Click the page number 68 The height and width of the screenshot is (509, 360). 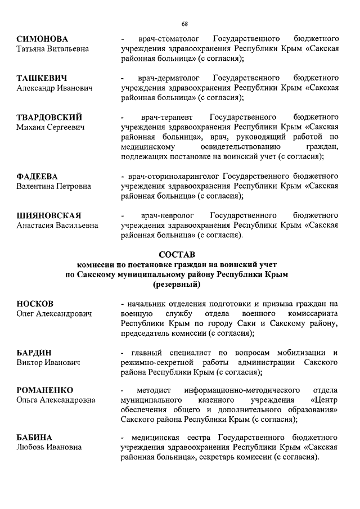click(184, 23)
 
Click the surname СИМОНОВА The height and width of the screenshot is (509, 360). click(42, 39)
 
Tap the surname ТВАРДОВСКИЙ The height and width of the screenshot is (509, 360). click(49, 118)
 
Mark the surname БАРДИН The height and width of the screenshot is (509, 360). click(35, 353)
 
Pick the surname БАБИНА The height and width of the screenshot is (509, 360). click(34, 438)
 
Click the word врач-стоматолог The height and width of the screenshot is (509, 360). click(159, 39)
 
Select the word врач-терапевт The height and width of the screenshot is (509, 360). click(161, 118)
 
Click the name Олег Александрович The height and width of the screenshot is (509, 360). click(54, 314)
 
